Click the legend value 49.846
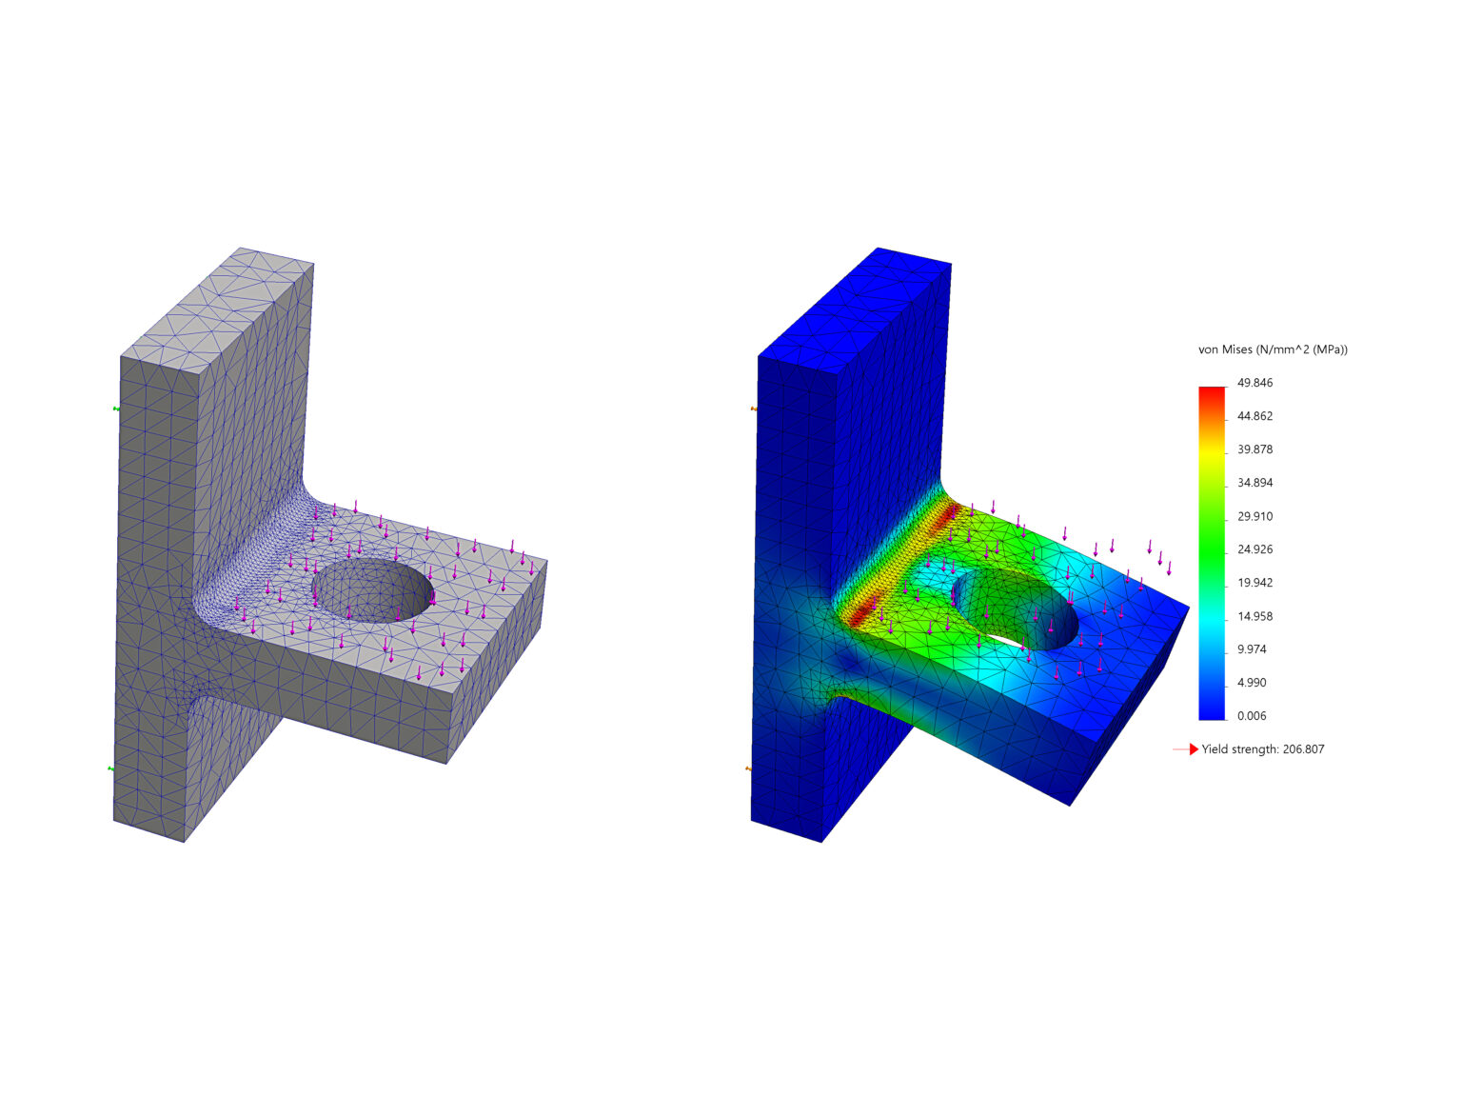pyautogui.click(x=1255, y=383)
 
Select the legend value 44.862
pyautogui.click(x=1255, y=416)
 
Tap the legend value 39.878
pyautogui.click(x=1255, y=449)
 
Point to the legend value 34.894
pyautogui.click(x=1255, y=483)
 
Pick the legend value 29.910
pyautogui.click(x=1255, y=516)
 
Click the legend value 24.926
pyautogui.click(x=1255, y=549)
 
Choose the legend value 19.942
pyautogui.click(x=1255, y=583)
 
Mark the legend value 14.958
pyautogui.click(x=1255, y=616)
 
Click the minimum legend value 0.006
pyautogui.click(x=1252, y=716)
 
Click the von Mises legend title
pyautogui.click(x=1272, y=349)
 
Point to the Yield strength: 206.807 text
pyautogui.click(x=1262, y=749)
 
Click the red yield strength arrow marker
pyautogui.click(x=1193, y=749)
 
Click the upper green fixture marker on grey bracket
pyautogui.click(x=116, y=409)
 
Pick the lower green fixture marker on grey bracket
pyautogui.click(x=110, y=768)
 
